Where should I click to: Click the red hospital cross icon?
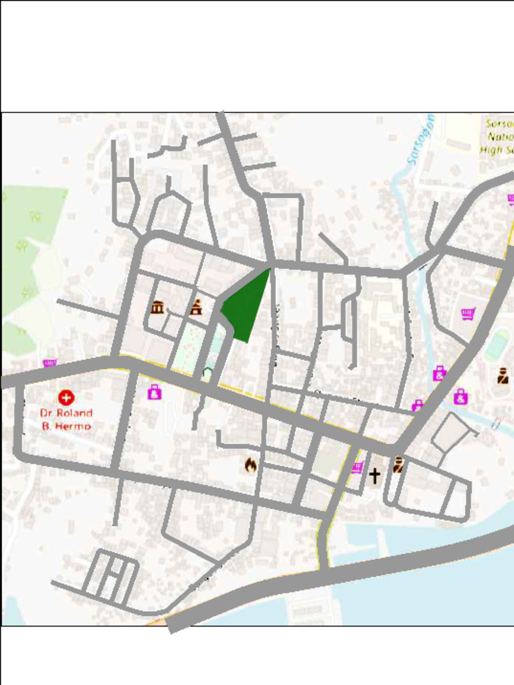click(66, 398)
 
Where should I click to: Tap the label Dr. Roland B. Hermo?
click(66, 419)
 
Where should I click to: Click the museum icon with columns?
click(157, 308)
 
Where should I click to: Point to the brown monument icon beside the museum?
click(195, 308)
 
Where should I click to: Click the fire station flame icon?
click(250, 465)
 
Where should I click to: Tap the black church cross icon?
click(375, 476)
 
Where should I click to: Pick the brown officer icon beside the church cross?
click(398, 464)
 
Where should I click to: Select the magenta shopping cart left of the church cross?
click(357, 468)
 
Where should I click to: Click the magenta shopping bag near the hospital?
click(155, 392)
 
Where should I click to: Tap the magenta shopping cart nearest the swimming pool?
click(468, 313)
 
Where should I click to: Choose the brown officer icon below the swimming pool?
click(503, 376)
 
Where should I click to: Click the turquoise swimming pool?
click(497, 345)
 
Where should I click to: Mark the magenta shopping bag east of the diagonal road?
click(460, 397)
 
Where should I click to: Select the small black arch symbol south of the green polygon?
click(208, 370)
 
